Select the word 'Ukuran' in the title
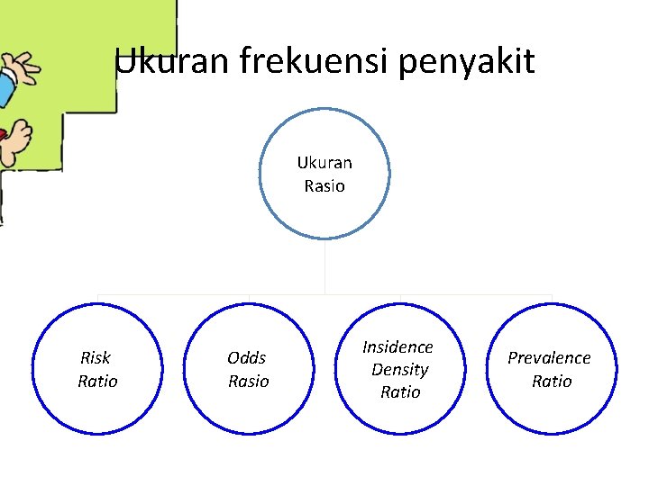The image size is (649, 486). tap(173, 61)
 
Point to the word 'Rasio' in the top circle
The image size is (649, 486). tap(324, 186)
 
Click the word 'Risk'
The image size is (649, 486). tap(96, 357)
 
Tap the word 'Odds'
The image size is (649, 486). tap(246, 357)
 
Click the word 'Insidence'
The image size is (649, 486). tap(398, 346)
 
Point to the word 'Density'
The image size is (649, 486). tap(399, 369)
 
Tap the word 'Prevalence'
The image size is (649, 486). tap(549, 357)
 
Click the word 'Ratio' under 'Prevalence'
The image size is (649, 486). tap(552, 381)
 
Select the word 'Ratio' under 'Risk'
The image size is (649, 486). tap(97, 381)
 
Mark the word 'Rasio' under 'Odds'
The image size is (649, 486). tap(248, 381)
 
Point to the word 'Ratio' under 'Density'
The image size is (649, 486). tap(400, 391)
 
